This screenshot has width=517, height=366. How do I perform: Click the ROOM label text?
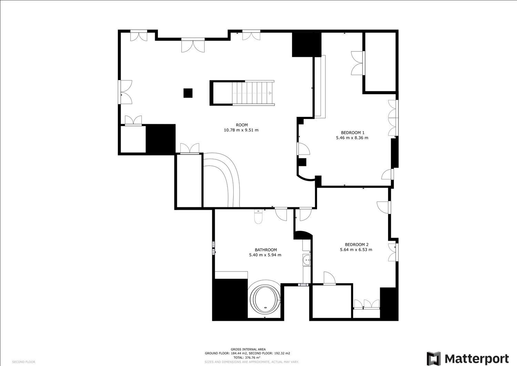coord(242,125)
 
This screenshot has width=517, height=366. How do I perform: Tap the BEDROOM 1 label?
coord(352,132)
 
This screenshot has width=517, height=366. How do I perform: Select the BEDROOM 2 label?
coord(356,245)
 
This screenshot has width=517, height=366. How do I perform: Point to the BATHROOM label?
coord(265,250)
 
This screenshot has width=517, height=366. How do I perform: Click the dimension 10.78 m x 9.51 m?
coord(241,130)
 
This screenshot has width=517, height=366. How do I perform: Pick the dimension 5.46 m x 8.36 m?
coord(352,138)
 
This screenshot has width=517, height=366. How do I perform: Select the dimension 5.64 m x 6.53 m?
coord(356,250)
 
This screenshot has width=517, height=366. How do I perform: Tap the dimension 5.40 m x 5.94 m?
coord(265,255)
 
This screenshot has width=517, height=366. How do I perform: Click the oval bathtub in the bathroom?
coord(265,298)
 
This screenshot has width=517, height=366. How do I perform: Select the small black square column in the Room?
coord(188,93)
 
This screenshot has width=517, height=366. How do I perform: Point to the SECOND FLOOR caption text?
coord(23,362)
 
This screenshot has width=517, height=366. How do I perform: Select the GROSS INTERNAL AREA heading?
coord(248,349)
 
